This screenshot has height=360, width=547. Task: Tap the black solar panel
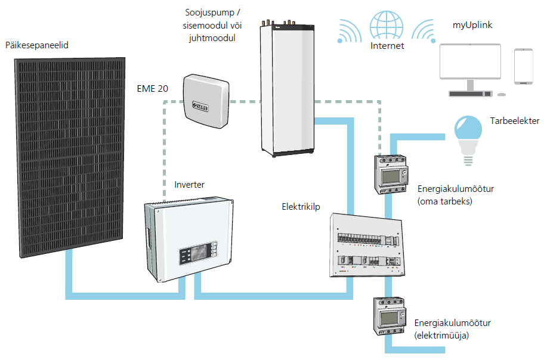[70, 155]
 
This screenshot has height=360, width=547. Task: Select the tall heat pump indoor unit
[288, 89]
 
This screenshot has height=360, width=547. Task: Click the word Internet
[387, 46]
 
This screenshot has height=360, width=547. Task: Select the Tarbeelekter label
[515, 121]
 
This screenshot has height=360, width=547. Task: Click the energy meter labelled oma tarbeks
[390, 174]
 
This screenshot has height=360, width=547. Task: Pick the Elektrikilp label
[301, 207]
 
